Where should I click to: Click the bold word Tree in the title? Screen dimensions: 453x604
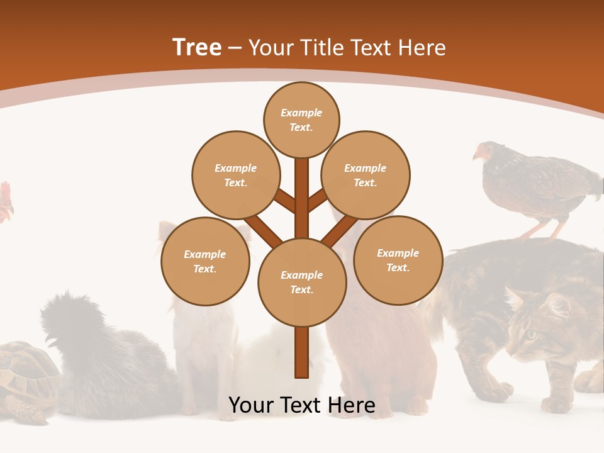click(x=197, y=48)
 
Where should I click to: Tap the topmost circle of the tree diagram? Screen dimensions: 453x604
click(x=301, y=120)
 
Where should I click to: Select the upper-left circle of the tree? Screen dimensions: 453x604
click(x=235, y=175)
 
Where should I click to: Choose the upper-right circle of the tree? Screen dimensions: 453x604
click(x=365, y=175)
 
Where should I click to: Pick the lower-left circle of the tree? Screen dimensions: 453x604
click(x=205, y=261)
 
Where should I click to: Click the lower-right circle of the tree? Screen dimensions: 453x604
click(x=398, y=260)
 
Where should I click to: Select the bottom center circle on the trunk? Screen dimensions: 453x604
click(x=302, y=282)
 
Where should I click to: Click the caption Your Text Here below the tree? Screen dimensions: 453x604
click(x=302, y=405)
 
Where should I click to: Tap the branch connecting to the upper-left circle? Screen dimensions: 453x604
click(x=284, y=201)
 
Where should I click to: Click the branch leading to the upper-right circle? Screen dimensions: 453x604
click(x=318, y=200)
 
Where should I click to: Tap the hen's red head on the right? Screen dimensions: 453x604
click(x=483, y=152)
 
